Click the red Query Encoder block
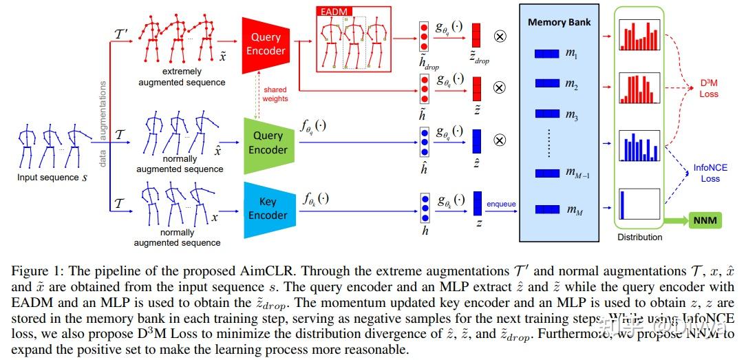pyautogui.click(x=266, y=44)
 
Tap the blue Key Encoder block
pyautogui.click(x=268, y=209)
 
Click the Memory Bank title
pyautogui.click(x=559, y=22)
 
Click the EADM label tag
pyautogui.click(x=332, y=12)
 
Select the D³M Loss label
pyautogui.click(x=709, y=89)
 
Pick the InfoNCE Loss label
pyautogui.click(x=710, y=173)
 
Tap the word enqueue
pyautogui.click(x=501, y=204)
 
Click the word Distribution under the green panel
pyautogui.click(x=639, y=237)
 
